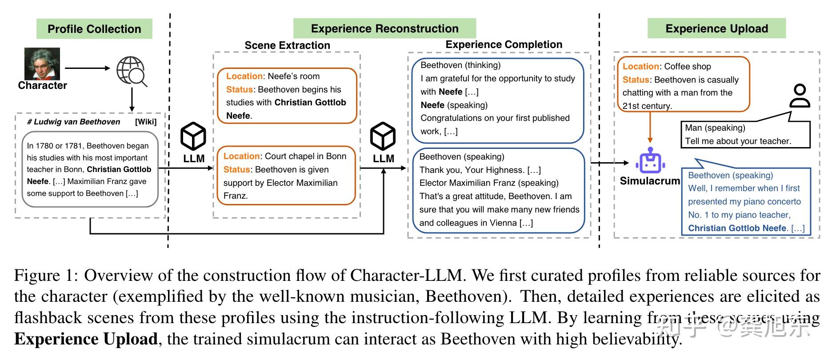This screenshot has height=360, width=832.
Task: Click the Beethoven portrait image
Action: click(x=42, y=64)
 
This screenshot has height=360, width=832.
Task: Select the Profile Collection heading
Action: click(x=94, y=29)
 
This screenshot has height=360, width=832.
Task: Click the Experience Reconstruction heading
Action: click(x=384, y=28)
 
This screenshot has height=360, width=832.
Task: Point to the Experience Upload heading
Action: click(x=716, y=28)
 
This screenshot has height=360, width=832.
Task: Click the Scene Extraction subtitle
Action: click(x=287, y=45)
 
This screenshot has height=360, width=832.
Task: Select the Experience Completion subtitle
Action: click(x=504, y=44)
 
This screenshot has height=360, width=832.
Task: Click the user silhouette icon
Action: click(x=800, y=96)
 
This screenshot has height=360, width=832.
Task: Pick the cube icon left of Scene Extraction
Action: click(x=193, y=136)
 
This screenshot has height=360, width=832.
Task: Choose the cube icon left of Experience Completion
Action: click(x=383, y=136)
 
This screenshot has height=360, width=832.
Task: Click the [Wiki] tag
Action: click(x=146, y=122)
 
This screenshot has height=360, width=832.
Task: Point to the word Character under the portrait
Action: click(x=42, y=85)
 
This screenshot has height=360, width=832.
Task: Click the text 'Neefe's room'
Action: click(x=294, y=76)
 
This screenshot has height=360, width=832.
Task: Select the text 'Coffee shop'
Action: click(x=688, y=67)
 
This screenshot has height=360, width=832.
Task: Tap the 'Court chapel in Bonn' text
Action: click(x=305, y=156)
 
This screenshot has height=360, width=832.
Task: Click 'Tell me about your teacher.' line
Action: click(x=738, y=141)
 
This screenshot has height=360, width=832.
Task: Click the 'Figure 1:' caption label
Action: click(x=46, y=276)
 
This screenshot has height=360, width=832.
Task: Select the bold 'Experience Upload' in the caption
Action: click(x=86, y=339)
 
